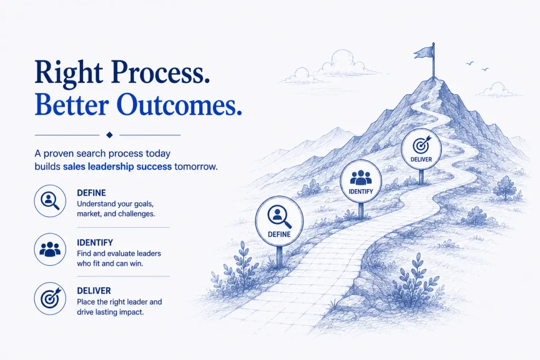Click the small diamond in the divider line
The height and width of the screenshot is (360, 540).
pos(110,135)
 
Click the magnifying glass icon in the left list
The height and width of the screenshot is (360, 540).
pos(50,201)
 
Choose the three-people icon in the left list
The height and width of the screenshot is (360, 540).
pos(50,249)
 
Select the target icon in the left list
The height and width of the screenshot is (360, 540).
pos(50,298)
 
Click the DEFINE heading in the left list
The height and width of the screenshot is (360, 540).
pos(91,193)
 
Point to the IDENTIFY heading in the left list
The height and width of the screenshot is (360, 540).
pos(95,242)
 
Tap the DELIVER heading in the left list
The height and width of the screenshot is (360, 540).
pos(94,291)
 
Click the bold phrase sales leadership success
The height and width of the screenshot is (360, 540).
pos(117,167)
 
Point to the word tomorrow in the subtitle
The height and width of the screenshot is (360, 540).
pos(196,167)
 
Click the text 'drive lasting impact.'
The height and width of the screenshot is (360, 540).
pos(110,313)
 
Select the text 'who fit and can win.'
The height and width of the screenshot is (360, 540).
pos(110,264)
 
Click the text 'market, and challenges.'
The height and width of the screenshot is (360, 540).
pos(115,213)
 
